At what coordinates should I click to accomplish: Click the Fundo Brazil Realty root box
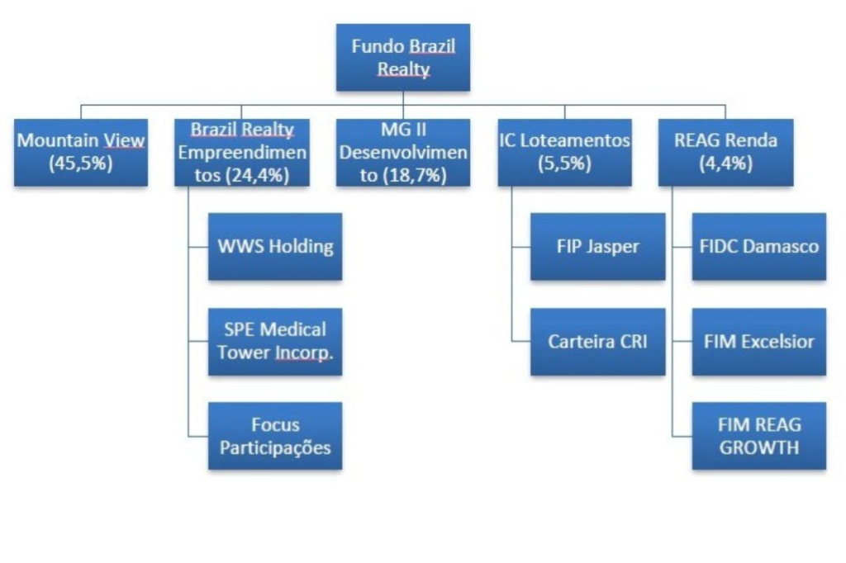coord(402,57)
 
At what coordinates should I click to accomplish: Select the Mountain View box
coord(81,152)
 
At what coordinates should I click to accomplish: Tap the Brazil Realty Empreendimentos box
coord(242,152)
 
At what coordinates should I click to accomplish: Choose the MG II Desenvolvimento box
coord(403,152)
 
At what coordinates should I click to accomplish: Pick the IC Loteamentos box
coord(564,152)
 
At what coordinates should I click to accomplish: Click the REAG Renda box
coord(725,152)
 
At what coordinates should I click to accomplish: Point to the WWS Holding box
coord(275,247)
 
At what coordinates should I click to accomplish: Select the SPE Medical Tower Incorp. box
coord(275,341)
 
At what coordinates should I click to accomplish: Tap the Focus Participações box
coord(275,436)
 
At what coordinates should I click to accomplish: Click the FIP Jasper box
coord(597,247)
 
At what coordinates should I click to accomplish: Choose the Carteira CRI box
coord(597,341)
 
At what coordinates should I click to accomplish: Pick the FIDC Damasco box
coord(758,247)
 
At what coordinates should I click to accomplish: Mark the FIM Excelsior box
coord(758,341)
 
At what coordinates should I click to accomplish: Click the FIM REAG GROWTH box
coord(758,436)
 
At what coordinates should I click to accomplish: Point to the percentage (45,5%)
coord(81,163)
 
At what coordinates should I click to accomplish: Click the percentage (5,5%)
coord(564,163)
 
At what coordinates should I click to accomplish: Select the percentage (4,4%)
coord(725,163)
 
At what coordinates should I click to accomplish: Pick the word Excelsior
coord(777,341)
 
